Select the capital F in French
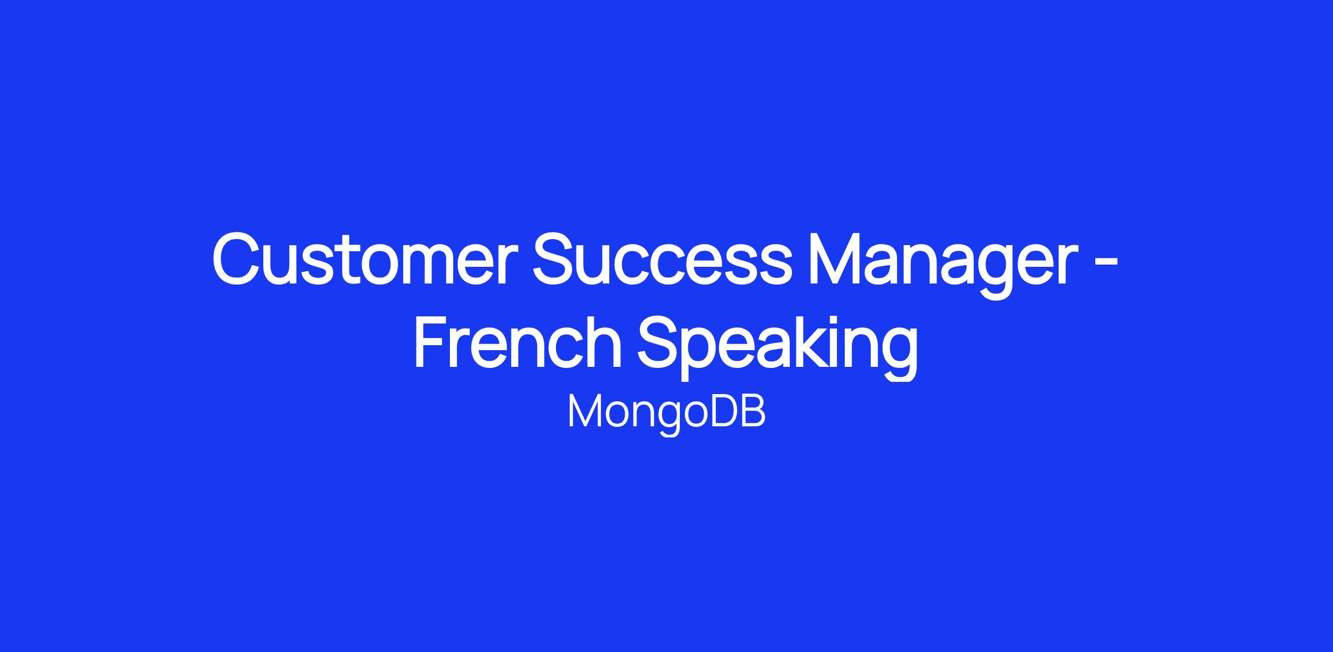pos(433,341)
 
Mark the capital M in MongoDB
pos(584,411)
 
